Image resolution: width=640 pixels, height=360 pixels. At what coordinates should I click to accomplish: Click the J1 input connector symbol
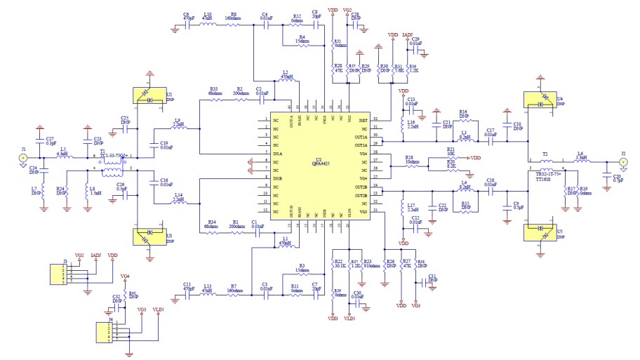[23, 158]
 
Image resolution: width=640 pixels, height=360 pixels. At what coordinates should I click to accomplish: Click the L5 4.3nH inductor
[63, 156]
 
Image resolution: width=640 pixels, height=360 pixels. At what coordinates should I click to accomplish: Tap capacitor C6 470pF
[188, 25]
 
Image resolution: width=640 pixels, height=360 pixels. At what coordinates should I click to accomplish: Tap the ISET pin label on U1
[363, 121]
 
